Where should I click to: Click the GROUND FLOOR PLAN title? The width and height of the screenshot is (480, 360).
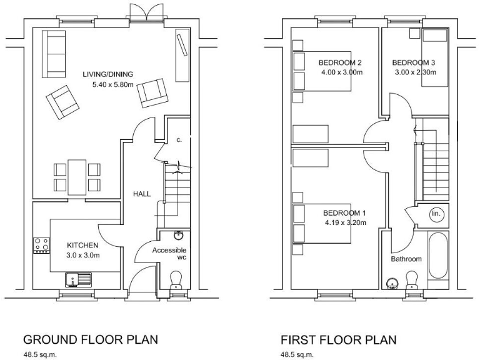[90, 339]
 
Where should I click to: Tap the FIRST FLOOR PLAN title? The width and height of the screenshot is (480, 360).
[338, 339]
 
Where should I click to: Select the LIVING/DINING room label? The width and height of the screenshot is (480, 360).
[108, 75]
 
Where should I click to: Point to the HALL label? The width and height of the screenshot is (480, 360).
[141, 194]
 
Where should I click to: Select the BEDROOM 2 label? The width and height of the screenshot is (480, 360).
[340, 62]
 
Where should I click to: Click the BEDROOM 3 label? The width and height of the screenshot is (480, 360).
[414, 62]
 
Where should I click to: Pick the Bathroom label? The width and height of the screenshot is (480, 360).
[406, 259]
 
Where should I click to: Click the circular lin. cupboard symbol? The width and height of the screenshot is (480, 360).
[436, 214]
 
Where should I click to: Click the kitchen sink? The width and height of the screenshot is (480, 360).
[77, 279]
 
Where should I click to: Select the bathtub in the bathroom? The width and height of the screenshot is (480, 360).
[438, 257]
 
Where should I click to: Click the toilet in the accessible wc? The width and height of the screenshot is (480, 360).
[177, 278]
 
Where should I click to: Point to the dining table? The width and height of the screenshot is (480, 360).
[77, 177]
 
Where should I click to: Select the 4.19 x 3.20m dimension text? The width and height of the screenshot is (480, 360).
[345, 222]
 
